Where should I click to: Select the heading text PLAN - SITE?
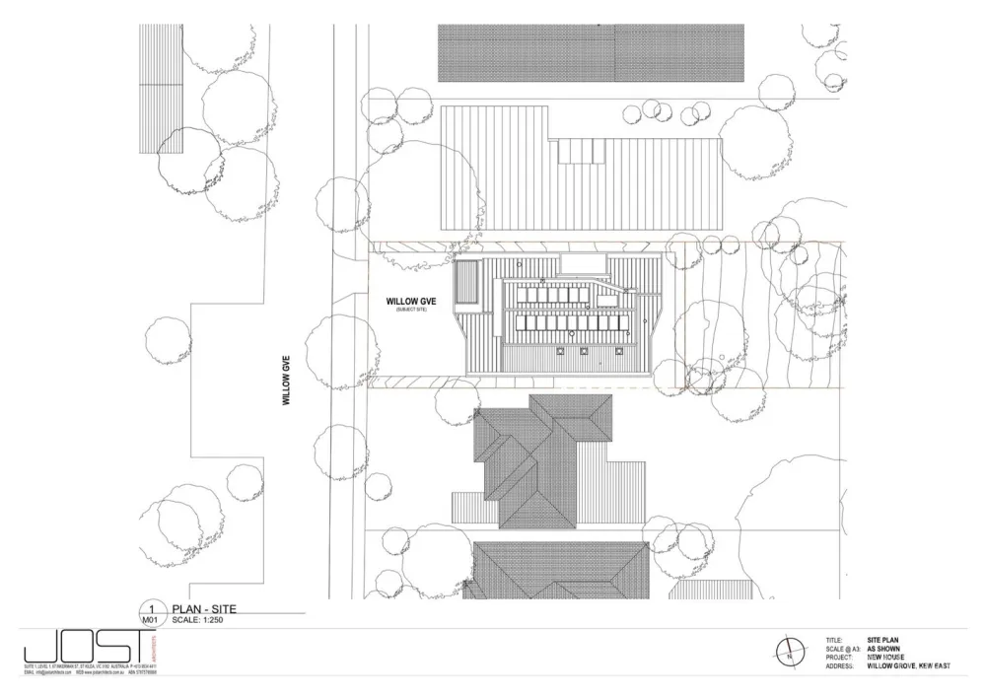coord(203,608)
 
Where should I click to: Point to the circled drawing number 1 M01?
coord(151,614)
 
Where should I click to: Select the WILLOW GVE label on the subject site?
coord(410,300)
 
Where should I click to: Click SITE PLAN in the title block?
coord(885,640)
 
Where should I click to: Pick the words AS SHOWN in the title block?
coord(884,649)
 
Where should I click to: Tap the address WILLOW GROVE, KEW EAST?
coord(908,666)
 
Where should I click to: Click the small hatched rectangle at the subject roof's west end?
coord(466,285)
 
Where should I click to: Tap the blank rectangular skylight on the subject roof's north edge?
coord(583,263)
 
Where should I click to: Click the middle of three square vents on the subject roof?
coord(583,349)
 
